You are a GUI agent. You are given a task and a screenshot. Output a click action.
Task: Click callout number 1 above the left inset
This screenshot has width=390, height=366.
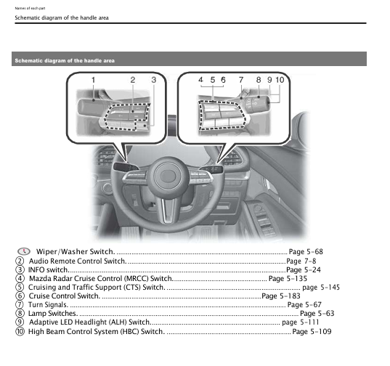[94, 78]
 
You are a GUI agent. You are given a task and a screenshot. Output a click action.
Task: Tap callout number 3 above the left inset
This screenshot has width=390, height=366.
[154, 78]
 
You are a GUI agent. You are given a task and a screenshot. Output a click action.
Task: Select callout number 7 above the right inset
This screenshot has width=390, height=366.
[241, 78]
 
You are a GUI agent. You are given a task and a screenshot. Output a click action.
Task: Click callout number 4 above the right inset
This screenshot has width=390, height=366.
[201, 78]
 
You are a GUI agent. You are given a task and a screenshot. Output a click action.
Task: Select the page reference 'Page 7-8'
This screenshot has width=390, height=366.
[301, 261]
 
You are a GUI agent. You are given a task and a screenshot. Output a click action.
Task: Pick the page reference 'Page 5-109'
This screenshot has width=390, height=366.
[311, 332]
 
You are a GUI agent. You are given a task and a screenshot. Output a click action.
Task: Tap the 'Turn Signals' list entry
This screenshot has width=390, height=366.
[48, 305]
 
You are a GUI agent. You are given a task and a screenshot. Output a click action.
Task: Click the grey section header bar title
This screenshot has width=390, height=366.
[65, 60]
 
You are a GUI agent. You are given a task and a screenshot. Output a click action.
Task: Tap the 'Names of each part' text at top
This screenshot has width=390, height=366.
[30, 7]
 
